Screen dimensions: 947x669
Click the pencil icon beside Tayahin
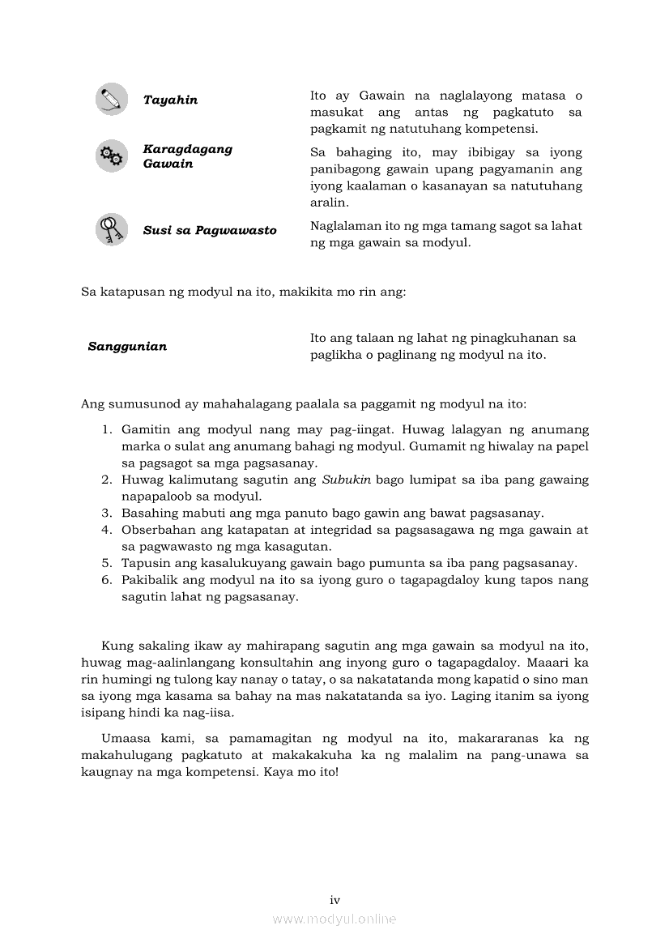coord(111,99)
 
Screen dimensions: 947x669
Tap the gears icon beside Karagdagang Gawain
coord(111,156)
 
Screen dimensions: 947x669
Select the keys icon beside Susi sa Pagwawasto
coord(111,229)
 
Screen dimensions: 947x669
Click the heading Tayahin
coord(170,100)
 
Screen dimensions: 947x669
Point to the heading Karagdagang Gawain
coord(187,156)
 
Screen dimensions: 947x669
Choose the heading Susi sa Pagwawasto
coord(210,231)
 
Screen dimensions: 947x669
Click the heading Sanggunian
coord(127,347)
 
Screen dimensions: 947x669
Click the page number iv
coord(334,900)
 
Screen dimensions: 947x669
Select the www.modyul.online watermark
coord(334,919)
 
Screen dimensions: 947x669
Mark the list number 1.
coord(106,429)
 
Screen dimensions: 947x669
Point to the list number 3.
coord(106,513)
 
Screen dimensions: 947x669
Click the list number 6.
coord(106,580)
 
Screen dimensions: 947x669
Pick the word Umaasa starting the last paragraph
coord(126,739)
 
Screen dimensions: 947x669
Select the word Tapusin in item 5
coord(143,563)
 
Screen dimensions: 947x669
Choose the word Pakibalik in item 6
coord(148,580)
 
